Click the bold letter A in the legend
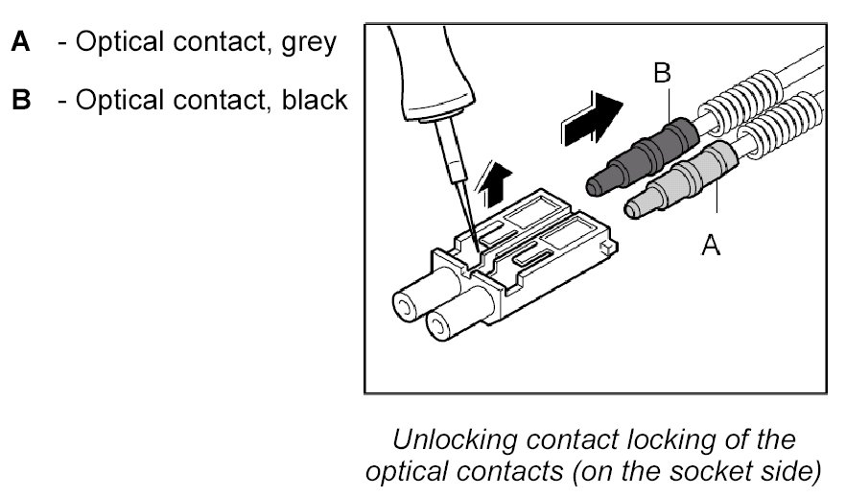[x=21, y=43]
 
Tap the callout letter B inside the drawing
[x=663, y=72]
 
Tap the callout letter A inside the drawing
[x=711, y=246]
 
